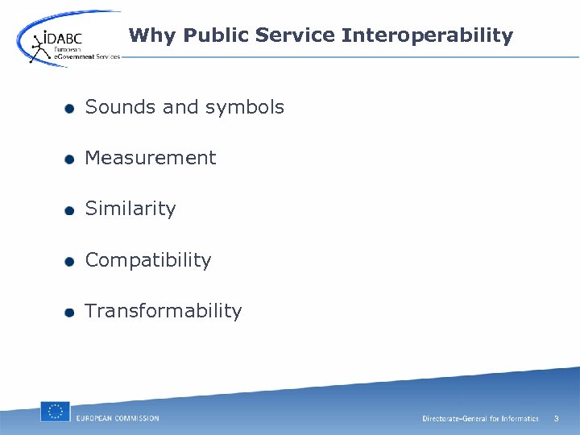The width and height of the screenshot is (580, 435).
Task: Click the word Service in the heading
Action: click(297, 35)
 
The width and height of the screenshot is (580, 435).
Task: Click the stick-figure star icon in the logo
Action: click(36, 47)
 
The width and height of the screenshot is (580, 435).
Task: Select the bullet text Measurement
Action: click(151, 158)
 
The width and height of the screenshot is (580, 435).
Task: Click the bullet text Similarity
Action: click(130, 209)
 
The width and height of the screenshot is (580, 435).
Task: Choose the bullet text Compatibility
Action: click(148, 260)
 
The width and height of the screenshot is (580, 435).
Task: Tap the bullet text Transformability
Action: click(163, 311)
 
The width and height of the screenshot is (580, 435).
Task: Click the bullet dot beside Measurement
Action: click(70, 159)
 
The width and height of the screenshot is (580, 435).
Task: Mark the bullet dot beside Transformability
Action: click(70, 313)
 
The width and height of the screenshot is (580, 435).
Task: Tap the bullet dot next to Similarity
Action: click(70, 210)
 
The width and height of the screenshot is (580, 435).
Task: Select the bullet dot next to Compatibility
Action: click(70, 262)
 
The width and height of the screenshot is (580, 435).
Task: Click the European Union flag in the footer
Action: click(56, 412)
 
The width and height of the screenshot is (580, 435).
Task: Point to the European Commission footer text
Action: click(118, 418)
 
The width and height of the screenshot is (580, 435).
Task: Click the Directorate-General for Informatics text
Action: click(480, 419)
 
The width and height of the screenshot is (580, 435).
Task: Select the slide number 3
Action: click(556, 418)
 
